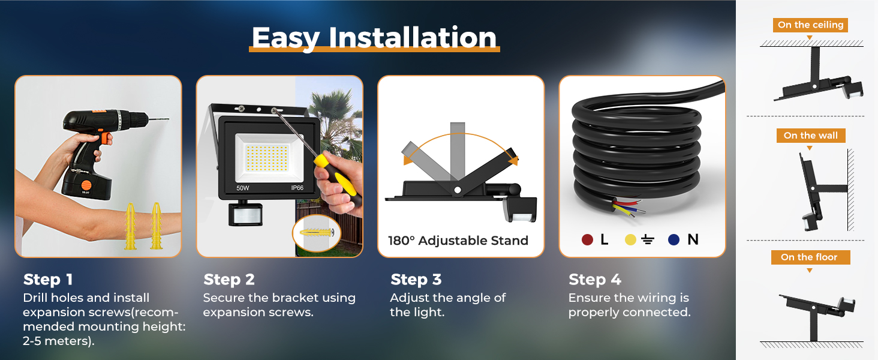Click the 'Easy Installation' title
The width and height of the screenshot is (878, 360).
point(374,38)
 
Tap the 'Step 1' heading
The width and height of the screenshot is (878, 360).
point(48,280)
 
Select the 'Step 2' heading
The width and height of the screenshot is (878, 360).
point(229,280)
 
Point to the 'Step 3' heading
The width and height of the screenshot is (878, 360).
point(416,280)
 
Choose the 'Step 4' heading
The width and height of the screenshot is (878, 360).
point(594,280)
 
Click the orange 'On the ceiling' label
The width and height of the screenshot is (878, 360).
point(811,25)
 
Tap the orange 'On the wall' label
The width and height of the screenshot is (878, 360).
point(811,136)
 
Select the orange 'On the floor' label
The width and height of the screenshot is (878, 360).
point(811,257)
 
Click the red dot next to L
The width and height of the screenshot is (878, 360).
point(587,239)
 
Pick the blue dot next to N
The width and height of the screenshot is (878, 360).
point(673,239)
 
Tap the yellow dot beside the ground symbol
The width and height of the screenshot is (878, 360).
point(630,239)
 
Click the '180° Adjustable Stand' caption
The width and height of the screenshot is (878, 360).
point(458,241)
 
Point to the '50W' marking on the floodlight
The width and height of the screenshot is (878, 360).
point(243,188)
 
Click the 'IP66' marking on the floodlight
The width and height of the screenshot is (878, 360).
point(297,188)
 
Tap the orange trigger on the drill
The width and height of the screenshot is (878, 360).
point(106,138)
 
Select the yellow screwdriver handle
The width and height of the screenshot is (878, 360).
point(336,176)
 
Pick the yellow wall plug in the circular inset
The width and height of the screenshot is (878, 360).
point(317,232)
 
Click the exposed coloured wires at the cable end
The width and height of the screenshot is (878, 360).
point(629,208)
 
